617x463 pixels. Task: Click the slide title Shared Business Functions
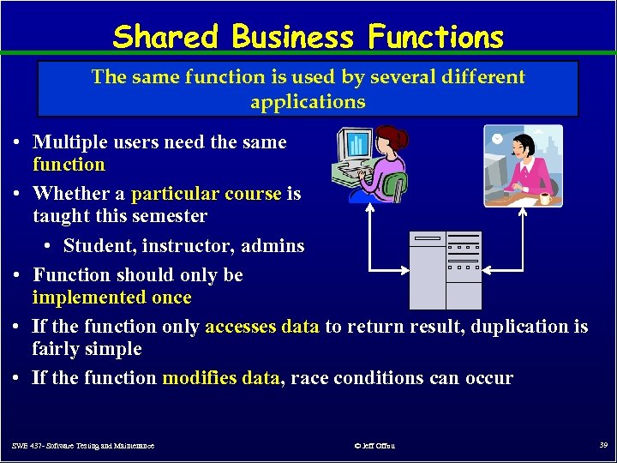pos(308,37)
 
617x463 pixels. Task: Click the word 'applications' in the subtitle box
pos(308,102)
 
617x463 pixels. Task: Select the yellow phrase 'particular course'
pos(206,194)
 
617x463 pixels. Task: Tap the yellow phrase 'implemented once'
pos(111,298)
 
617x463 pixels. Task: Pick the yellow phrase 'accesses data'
pos(262,327)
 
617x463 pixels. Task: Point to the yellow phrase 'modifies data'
pos(221,378)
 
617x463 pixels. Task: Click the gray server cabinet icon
pos(445,270)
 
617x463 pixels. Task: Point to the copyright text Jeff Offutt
pos(374,446)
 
